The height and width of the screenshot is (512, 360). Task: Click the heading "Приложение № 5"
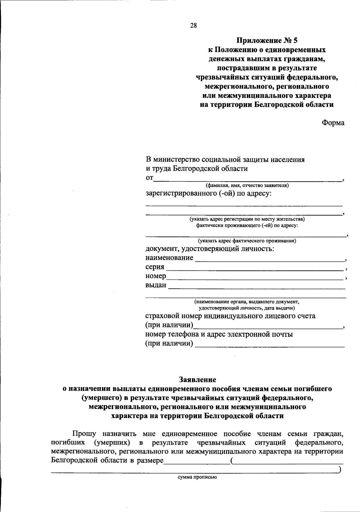[x=266, y=40]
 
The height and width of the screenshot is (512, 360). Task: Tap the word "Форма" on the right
[x=333, y=123]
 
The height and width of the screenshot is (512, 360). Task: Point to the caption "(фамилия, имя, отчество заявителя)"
[x=247, y=185]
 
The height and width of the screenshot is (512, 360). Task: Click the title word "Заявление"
[x=197, y=380]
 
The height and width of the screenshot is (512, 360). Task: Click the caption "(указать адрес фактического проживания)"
[x=247, y=241]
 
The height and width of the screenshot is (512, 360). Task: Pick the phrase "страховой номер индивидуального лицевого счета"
[x=230, y=316]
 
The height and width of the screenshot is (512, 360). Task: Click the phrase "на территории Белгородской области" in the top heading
[x=266, y=105]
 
